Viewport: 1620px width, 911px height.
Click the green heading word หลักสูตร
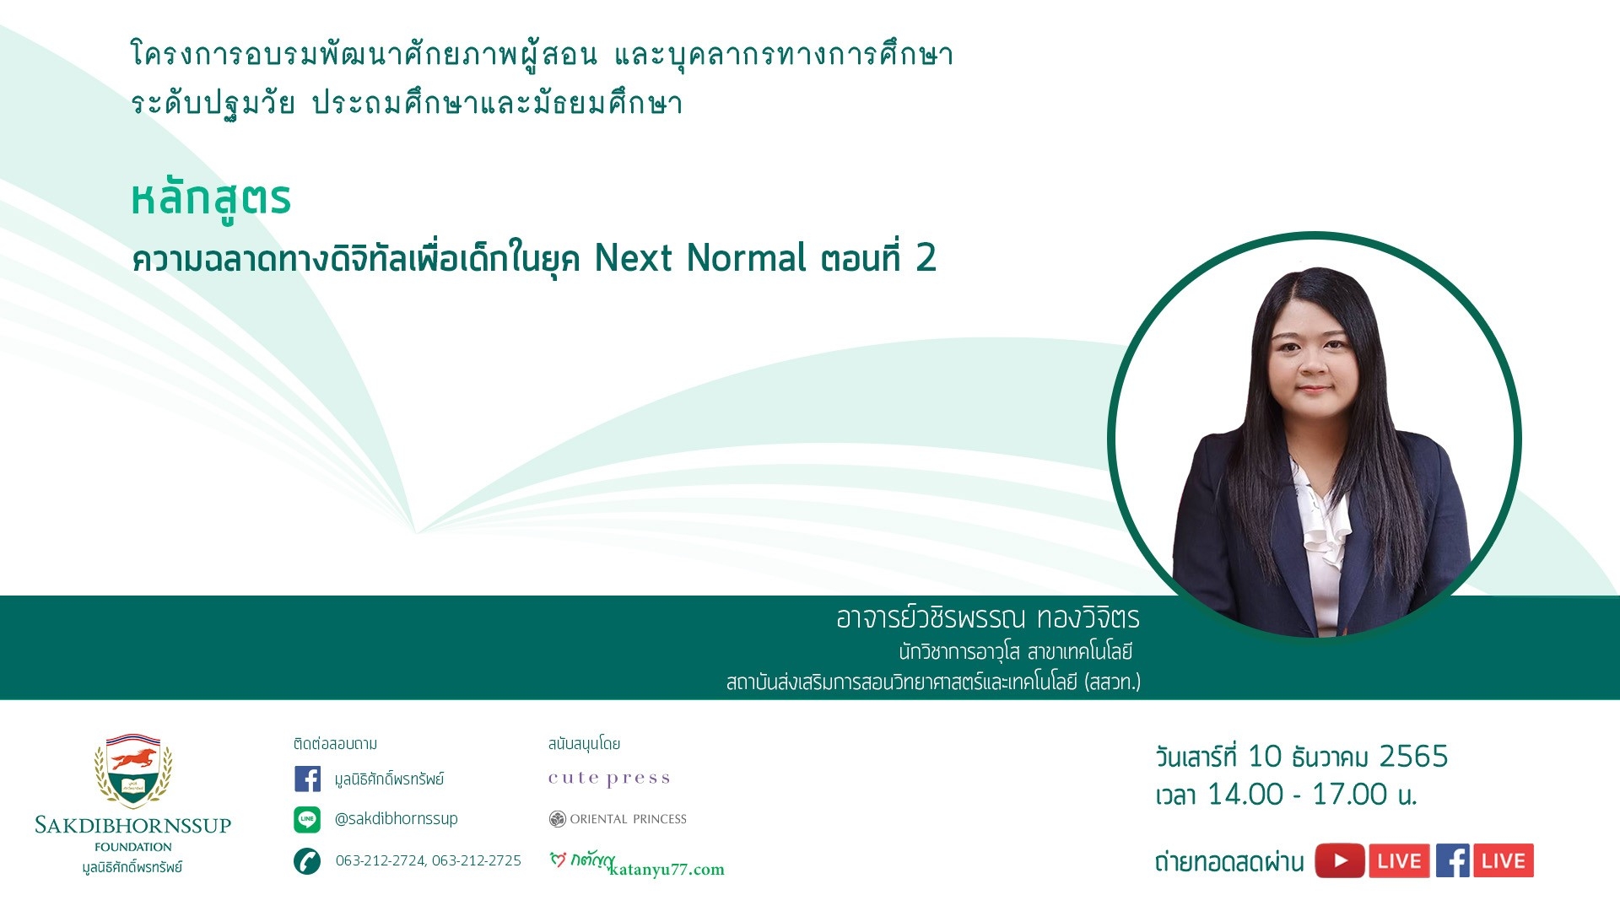[x=211, y=200]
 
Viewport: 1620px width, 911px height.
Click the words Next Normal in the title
[x=700, y=258]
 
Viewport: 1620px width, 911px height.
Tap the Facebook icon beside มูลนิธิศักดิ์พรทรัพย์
[x=307, y=779]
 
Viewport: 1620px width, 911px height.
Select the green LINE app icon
[x=307, y=819]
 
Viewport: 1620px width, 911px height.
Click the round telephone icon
[x=307, y=861]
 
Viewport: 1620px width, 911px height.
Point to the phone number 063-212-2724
[x=380, y=860]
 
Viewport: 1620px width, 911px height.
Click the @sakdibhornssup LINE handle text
[x=397, y=818]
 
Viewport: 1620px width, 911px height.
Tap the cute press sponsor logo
[x=609, y=779]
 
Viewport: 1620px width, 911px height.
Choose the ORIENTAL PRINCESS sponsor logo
[x=618, y=819]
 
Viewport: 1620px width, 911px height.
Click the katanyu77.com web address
[x=667, y=870]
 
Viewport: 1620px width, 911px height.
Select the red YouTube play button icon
[x=1340, y=861]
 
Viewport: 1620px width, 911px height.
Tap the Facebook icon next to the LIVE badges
[x=1453, y=861]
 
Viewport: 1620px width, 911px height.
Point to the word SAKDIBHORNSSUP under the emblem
[x=133, y=825]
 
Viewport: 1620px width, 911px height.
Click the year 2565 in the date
[x=1413, y=757]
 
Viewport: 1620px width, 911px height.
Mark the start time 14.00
[x=1245, y=795]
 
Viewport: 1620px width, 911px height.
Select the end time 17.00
[x=1350, y=795]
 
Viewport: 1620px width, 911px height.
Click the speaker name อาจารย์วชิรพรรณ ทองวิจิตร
[x=988, y=618]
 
